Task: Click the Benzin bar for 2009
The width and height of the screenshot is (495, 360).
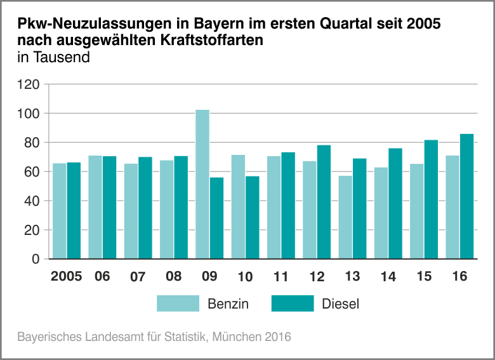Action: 202,184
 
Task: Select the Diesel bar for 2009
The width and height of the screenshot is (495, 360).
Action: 217,218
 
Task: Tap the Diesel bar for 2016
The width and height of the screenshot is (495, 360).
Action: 467,196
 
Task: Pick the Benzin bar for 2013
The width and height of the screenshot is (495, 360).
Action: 345,217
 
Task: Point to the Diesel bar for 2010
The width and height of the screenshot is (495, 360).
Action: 253,217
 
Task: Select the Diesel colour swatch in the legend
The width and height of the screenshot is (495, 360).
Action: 293,303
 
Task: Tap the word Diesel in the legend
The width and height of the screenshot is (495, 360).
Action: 341,304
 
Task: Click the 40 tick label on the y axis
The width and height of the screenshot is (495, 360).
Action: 33,201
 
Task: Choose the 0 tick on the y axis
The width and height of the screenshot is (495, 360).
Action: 36,259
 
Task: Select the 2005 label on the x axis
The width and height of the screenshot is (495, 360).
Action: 66,277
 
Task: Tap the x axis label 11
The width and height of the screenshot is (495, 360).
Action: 280,277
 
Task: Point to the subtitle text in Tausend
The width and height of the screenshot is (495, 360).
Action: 53,58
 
